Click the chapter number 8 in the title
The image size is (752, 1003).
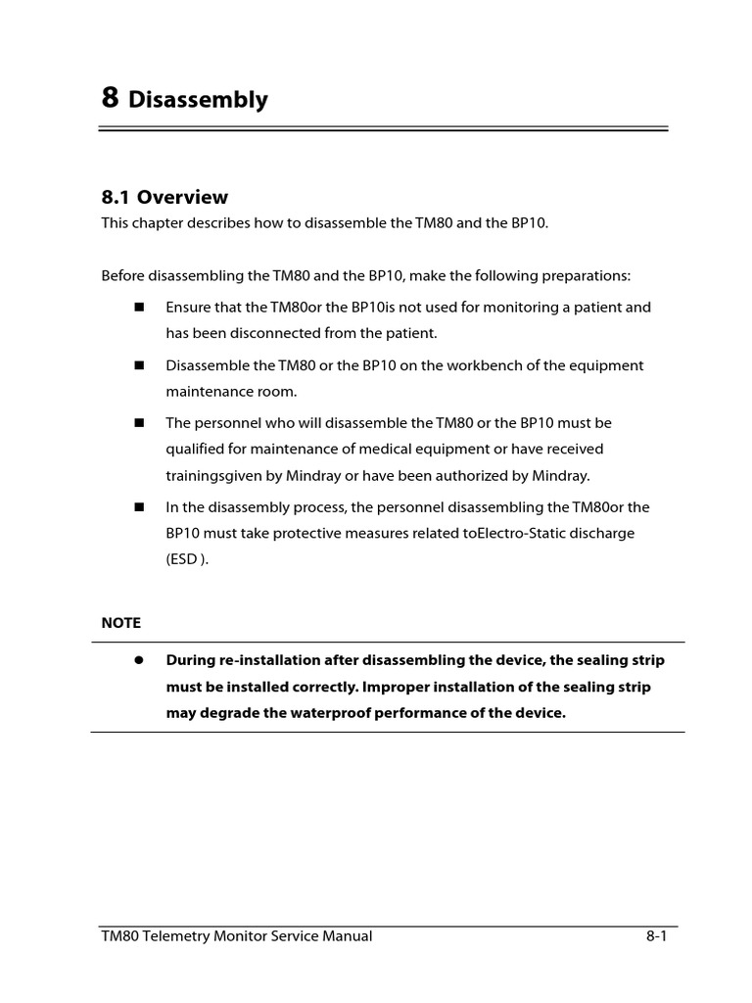click(x=111, y=97)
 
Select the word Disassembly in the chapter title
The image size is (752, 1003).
click(x=198, y=99)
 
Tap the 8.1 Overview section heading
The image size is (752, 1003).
click(x=164, y=197)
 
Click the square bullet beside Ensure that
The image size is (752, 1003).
click(x=139, y=307)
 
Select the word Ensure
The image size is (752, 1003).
click(x=188, y=307)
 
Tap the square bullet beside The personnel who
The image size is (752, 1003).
click(x=139, y=423)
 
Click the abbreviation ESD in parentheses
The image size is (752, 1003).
click(x=182, y=559)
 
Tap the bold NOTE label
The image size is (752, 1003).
click(x=121, y=623)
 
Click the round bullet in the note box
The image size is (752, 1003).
click(x=139, y=660)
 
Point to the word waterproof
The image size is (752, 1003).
click(x=333, y=712)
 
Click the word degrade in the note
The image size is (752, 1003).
click(x=227, y=712)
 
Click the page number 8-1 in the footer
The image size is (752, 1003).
click(x=656, y=936)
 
